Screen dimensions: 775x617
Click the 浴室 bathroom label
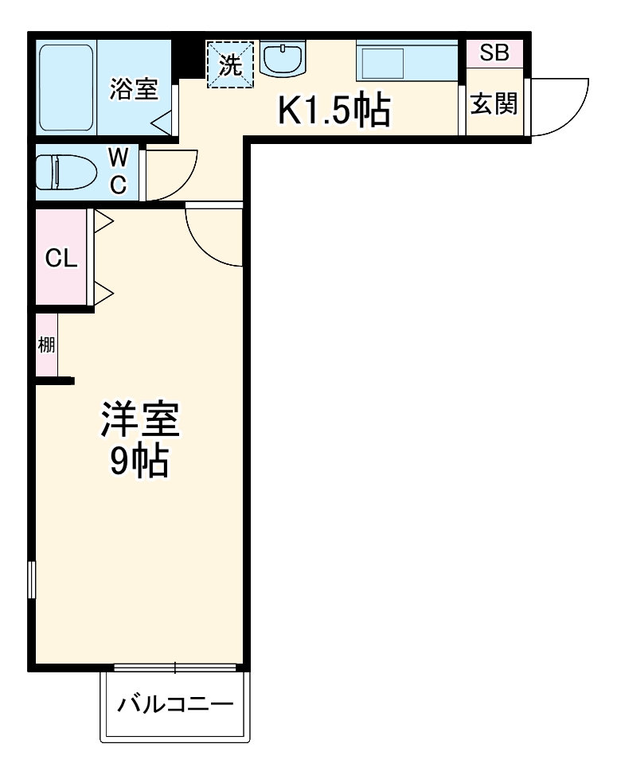134,89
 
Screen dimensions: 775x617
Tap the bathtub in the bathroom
68,89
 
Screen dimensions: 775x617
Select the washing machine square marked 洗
230,64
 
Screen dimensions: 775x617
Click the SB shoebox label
494,53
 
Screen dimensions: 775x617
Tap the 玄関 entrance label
494,103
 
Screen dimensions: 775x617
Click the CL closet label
61,258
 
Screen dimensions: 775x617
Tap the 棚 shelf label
46,346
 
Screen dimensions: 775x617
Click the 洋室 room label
139,419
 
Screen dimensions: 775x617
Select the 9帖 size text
139,462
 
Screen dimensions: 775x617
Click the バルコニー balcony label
175,705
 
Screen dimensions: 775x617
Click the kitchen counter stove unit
407,60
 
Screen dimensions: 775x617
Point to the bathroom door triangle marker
162,122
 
